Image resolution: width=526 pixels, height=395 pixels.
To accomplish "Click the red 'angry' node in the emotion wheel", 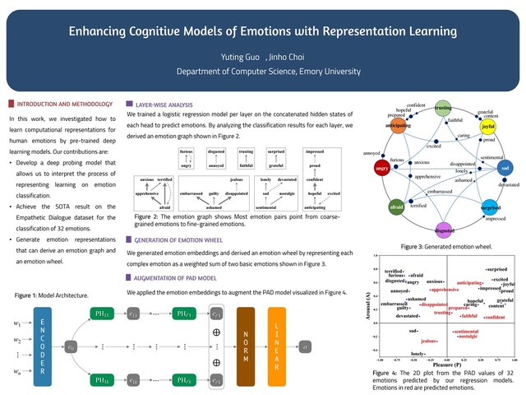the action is point(381,169).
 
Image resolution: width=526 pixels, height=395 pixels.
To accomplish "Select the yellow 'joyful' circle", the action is point(487,128).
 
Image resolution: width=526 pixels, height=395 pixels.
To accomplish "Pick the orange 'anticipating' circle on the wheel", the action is point(400,126).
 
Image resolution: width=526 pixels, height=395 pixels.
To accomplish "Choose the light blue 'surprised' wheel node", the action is point(491,210).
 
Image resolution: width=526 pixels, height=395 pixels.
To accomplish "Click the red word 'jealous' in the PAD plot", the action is point(428,340).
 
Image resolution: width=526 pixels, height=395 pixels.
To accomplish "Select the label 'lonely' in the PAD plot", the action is point(418,354).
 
